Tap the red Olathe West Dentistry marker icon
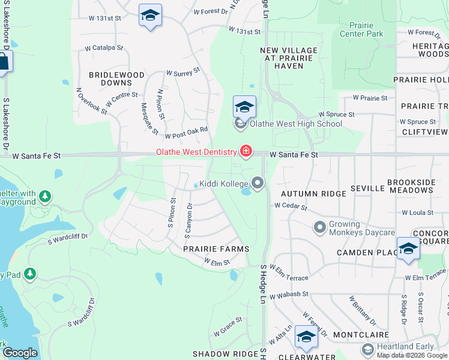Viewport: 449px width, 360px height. click(x=246, y=152)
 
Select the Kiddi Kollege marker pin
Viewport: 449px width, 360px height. click(x=258, y=183)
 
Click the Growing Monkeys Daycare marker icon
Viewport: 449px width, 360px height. click(x=320, y=228)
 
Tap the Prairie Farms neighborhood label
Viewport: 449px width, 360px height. click(x=216, y=248)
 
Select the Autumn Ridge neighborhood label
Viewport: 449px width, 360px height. click(x=313, y=194)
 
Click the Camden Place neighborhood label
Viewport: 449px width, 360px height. click(x=363, y=253)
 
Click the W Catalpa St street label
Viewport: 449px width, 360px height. click(x=104, y=47)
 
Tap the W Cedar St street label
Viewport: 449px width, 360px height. click(x=291, y=207)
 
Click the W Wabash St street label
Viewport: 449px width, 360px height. click(x=289, y=295)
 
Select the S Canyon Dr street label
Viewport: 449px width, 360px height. click(x=188, y=220)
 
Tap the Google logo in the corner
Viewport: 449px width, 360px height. click(x=19, y=353)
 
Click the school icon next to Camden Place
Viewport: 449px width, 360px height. click(x=408, y=248)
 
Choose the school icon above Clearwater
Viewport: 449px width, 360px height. click(x=306, y=338)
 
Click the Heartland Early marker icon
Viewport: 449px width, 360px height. click(x=367, y=349)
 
